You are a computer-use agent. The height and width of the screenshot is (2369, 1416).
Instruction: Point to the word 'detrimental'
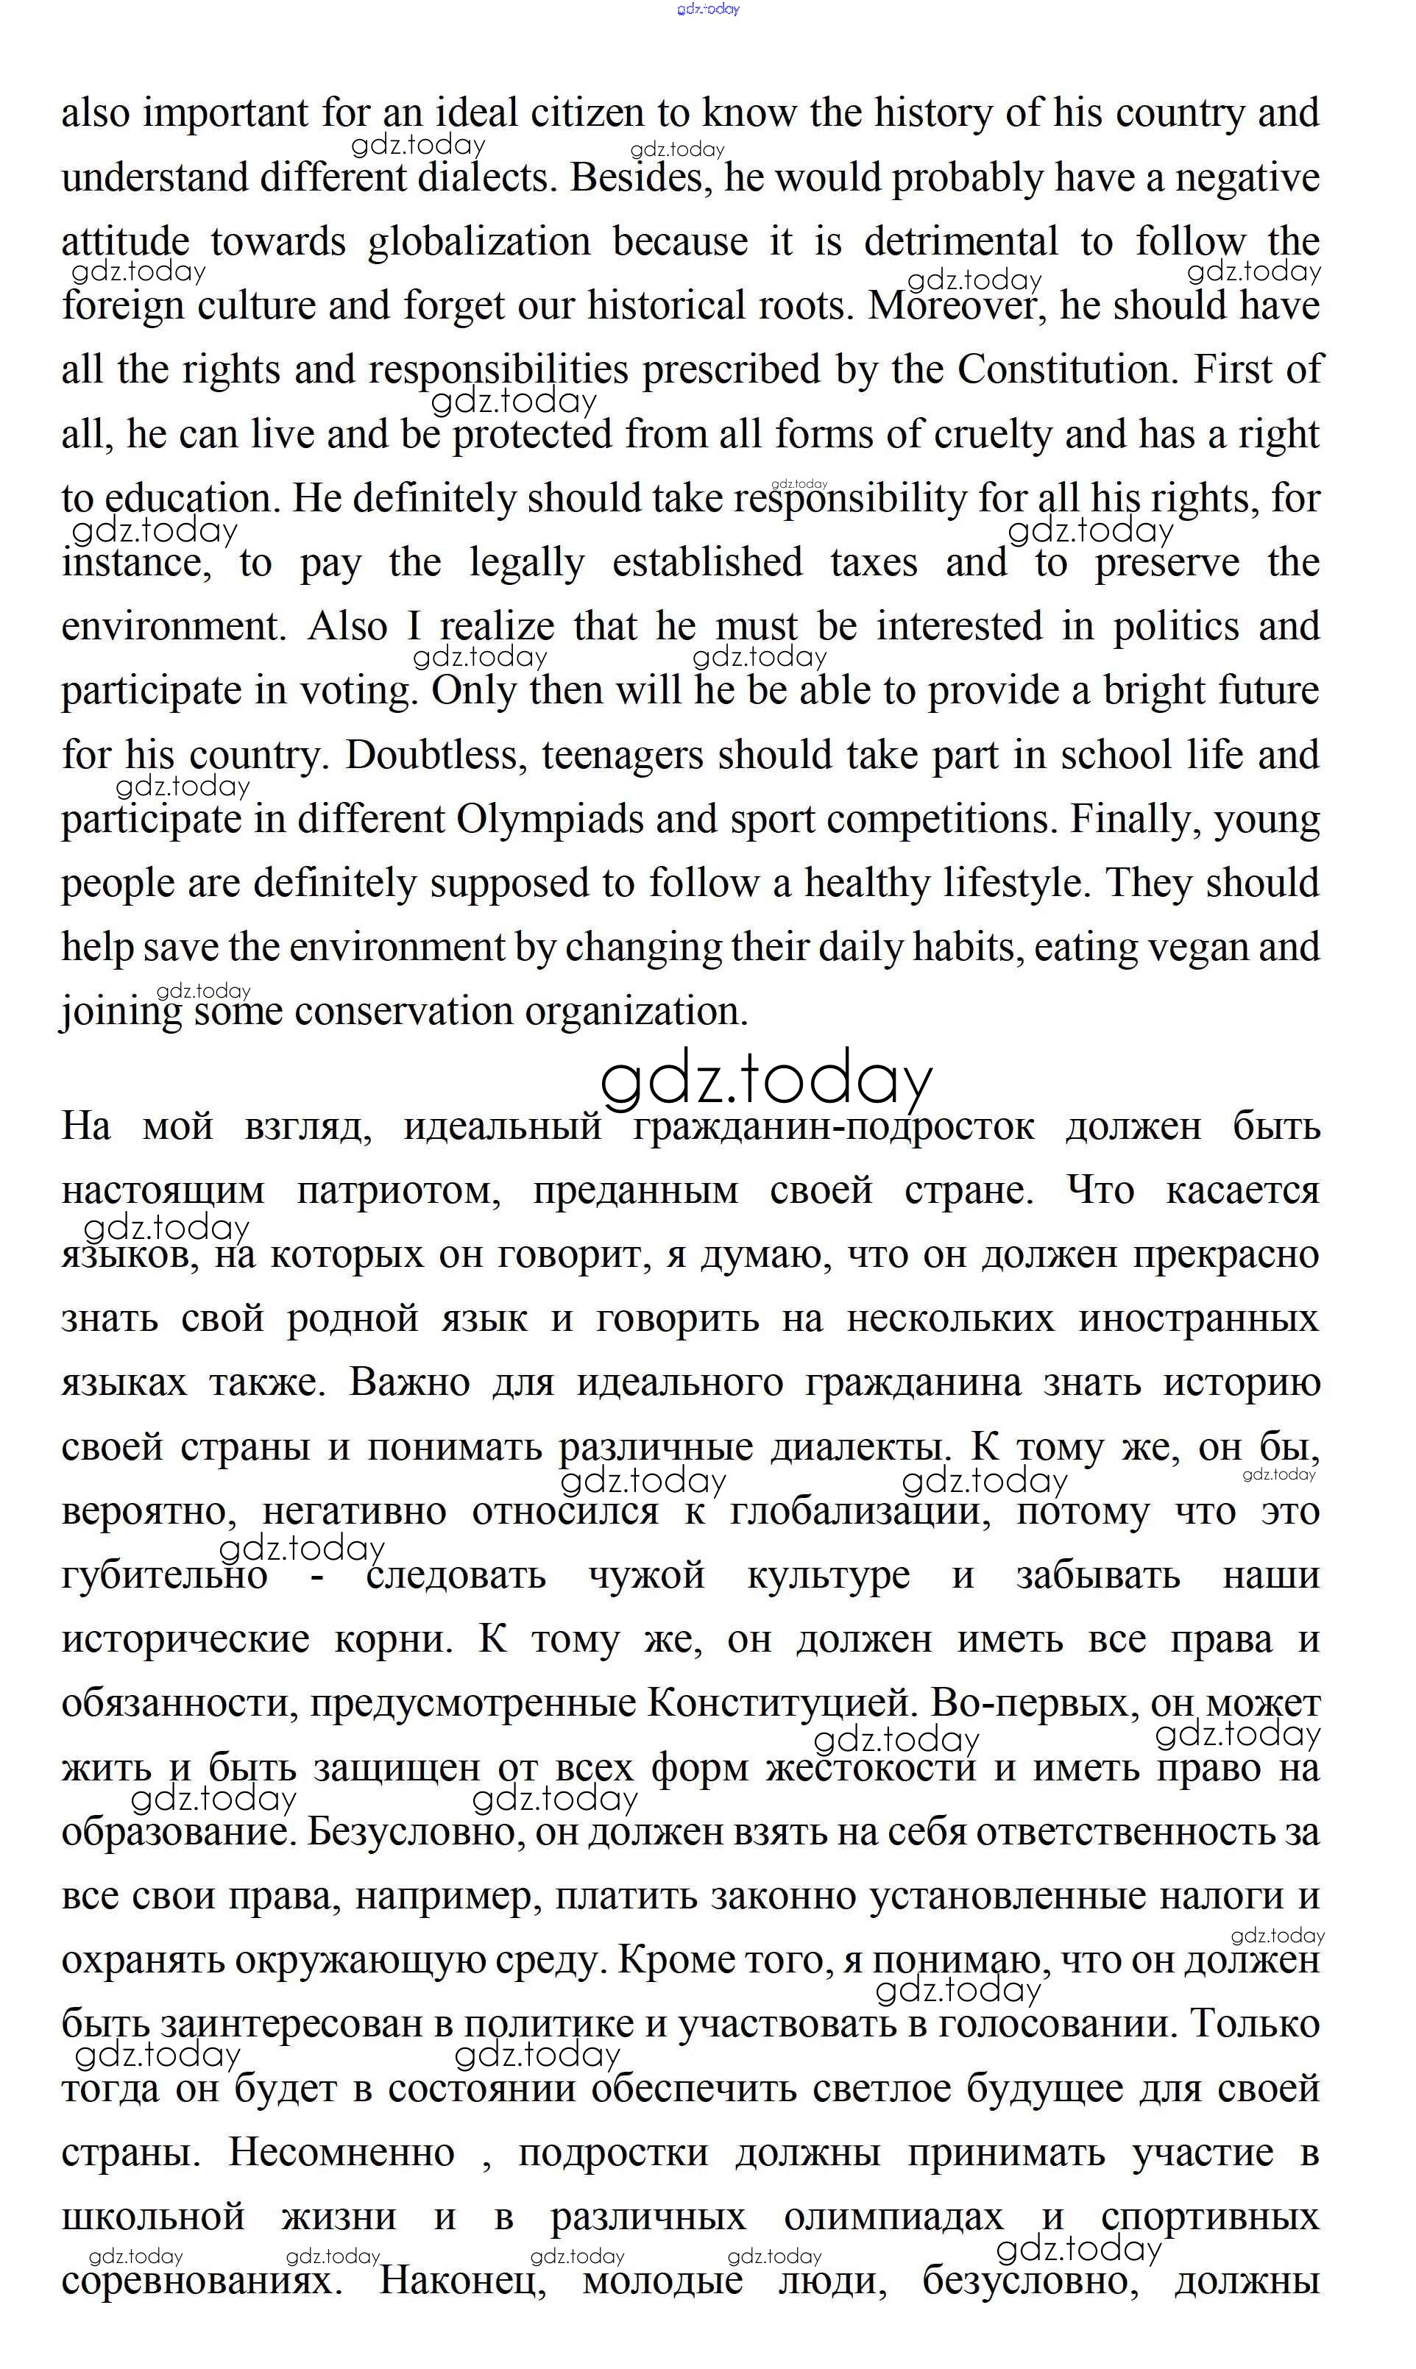click(x=961, y=242)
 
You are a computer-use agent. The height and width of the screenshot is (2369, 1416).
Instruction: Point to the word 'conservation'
click(x=403, y=1012)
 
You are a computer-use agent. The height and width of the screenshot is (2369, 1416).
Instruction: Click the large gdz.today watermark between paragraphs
click(x=765, y=1081)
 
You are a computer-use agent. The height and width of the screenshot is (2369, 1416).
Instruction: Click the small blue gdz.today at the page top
click(x=708, y=10)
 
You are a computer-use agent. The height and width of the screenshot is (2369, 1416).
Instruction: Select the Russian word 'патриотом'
click(x=399, y=1191)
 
